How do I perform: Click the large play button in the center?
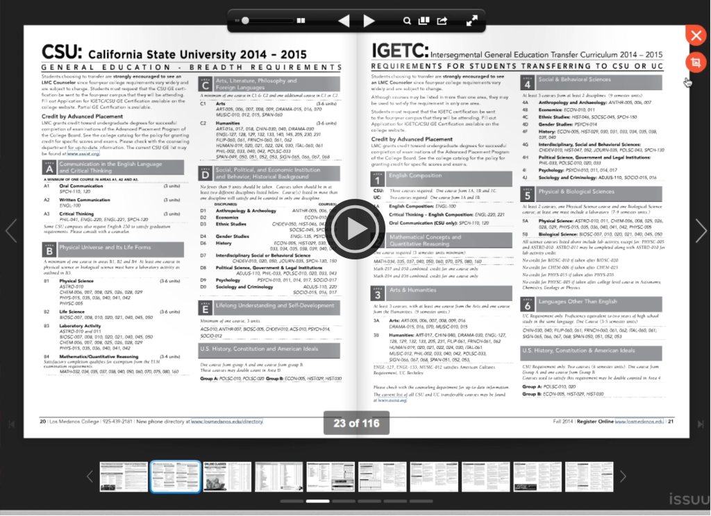pyautogui.click(x=355, y=228)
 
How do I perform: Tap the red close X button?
pyautogui.click(x=695, y=35)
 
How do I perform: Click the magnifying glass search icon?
pyautogui.click(x=408, y=21)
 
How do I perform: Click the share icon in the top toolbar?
pyautogui.click(x=442, y=21)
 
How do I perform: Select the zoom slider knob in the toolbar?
pyautogui.click(x=245, y=21)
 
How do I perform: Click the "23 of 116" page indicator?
pyautogui.click(x=356, y=422)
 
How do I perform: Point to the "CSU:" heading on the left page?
pyautogui.click(x=62, y=52)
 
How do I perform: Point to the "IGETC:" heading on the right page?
pyautogui.click(x=399, y=51)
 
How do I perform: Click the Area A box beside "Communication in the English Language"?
pyautogui.click(x=49, y=167)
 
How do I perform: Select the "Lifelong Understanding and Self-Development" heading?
pyautogui.click(x=275, y=305)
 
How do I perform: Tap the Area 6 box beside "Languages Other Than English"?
pyautogui.click(x=528, y=304)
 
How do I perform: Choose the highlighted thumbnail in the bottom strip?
pyautogui.click(x=176, y=476)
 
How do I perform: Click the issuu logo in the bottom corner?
pyautogui.click(x=688, y=499)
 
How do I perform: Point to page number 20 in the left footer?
pyautogui.click(x=42, y=421)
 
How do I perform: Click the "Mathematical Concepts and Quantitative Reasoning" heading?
pyautogui.click(x=425, y=240)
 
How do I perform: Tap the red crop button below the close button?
pyautogui.click(x=695, y=62)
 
